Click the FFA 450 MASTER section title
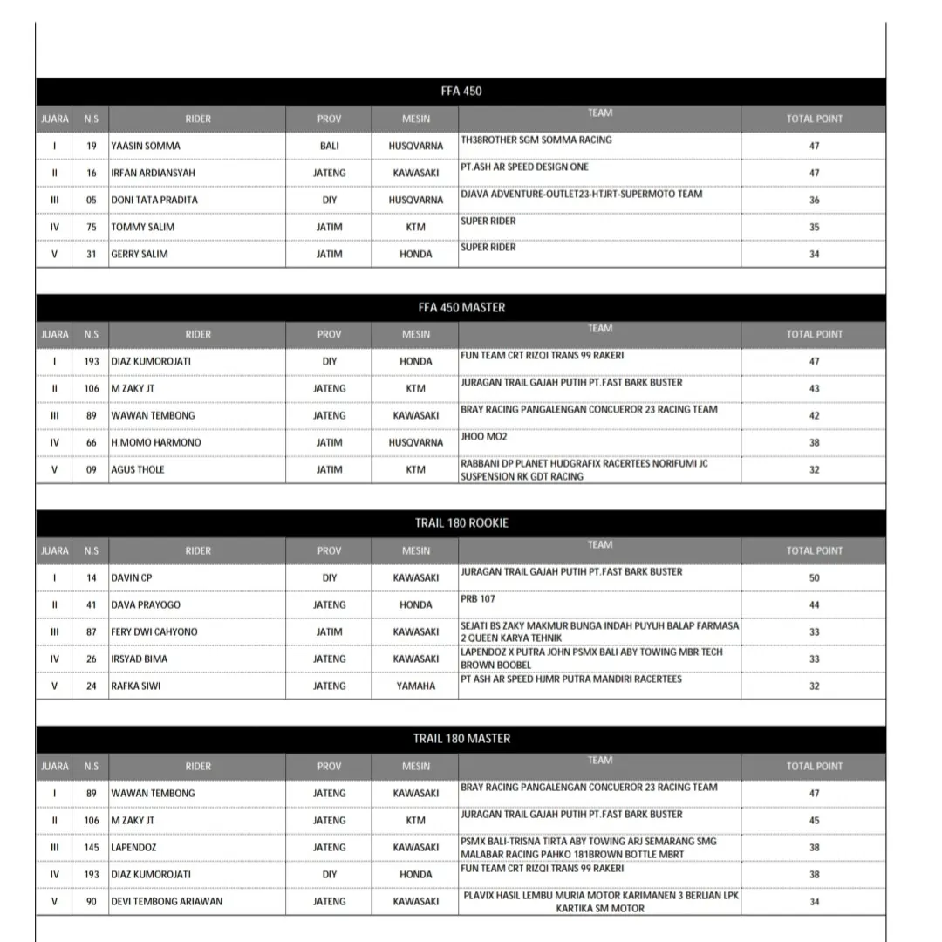coord(461,307)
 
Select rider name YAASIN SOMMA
coord(146,146)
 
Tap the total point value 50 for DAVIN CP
coord(814,577)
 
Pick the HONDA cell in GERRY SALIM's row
coord(416,254)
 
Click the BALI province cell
coord(329,146)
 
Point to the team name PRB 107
coord(478,599)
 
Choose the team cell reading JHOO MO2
coord(484,437)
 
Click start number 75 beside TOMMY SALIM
coord(92,227)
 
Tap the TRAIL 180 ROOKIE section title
coord(461,522)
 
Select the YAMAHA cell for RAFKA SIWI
coord(416,686)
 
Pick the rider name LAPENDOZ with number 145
coord(133,847)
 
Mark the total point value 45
coord(814,820)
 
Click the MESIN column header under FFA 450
coord(416,119)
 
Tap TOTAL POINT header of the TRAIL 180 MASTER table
coord(814,766)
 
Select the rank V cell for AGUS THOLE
coord(54,469)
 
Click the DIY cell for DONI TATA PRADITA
coord(329,200)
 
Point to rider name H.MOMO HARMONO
coord(155,442)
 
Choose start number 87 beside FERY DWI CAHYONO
coord(92,631)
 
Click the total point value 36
coord(814,200)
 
